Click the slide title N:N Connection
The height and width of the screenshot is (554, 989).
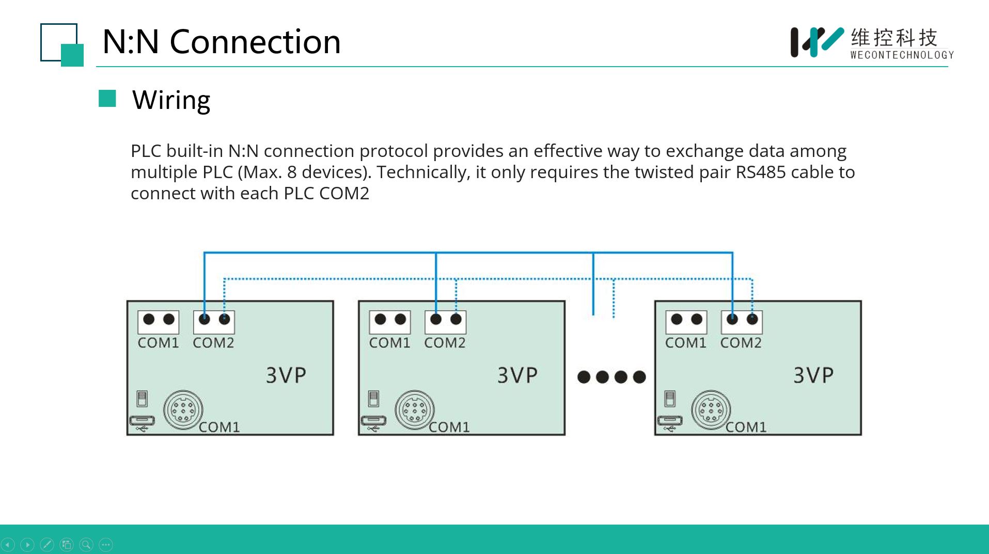point(222,41)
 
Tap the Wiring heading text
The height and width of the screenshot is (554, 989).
point(171,100)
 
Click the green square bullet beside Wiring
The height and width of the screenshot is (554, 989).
point(107,99)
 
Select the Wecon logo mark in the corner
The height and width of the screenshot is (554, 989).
point(817,42)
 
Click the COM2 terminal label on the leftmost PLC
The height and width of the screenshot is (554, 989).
point(213,343)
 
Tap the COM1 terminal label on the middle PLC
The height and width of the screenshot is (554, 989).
point(389,343)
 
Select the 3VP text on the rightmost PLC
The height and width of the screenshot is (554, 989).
point(813,375)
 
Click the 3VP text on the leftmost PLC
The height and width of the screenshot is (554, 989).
point(286,375)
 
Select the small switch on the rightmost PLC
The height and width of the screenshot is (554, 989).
point(670,399)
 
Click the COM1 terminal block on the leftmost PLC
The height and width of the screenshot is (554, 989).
point(159,322)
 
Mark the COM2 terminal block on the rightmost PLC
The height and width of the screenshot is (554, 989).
point(742,322)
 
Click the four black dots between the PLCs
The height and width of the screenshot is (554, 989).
point(611,377)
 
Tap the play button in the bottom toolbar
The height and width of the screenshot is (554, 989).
point(27,545)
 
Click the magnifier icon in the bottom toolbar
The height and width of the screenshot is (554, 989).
point(86,545)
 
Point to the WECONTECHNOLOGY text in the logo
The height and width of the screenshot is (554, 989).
point(902,55)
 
